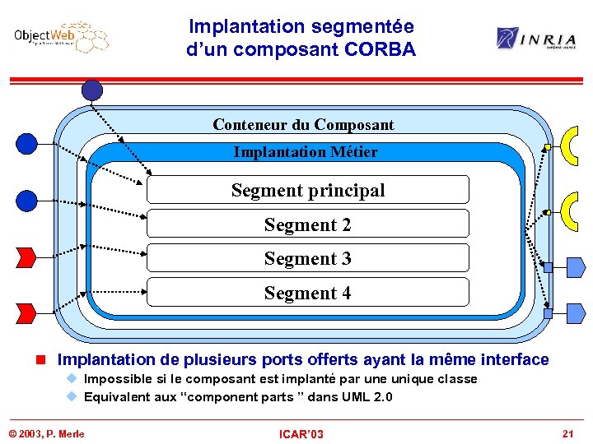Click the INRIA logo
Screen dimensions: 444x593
(535, 38)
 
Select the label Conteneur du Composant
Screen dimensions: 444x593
(303, 125)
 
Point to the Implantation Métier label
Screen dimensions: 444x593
(306, 152)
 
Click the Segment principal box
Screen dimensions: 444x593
(307, 190)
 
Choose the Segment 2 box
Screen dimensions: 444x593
(307, 224)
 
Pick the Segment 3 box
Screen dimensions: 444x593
(307, 258)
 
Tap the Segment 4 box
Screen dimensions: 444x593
(307, 293)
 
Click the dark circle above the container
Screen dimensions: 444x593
(92, 90)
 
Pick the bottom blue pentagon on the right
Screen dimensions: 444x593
(576, 313)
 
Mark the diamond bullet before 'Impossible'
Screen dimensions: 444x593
(72, 379)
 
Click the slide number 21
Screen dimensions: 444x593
(567, 433)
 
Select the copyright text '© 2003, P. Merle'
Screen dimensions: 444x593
(46, 433)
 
